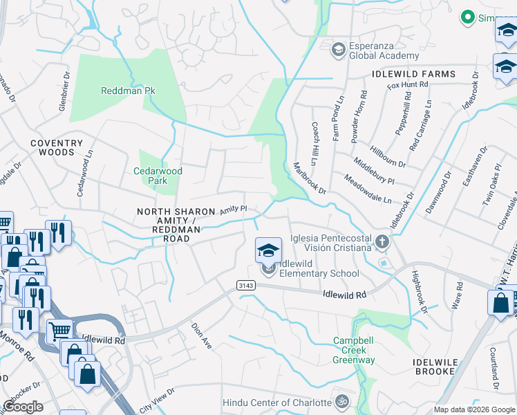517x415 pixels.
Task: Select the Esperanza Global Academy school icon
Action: [x=338, y=48]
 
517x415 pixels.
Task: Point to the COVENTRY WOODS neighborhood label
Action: [x=52, y=147]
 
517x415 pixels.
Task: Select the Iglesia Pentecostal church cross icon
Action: [x=382, y=242]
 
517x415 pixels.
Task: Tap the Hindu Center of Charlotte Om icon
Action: [x=340, y=401]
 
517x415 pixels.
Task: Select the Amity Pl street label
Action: [x=234, y=209]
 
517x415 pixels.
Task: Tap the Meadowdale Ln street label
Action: [x=368, y=188]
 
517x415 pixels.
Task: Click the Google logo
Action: [x=23, y=407]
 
